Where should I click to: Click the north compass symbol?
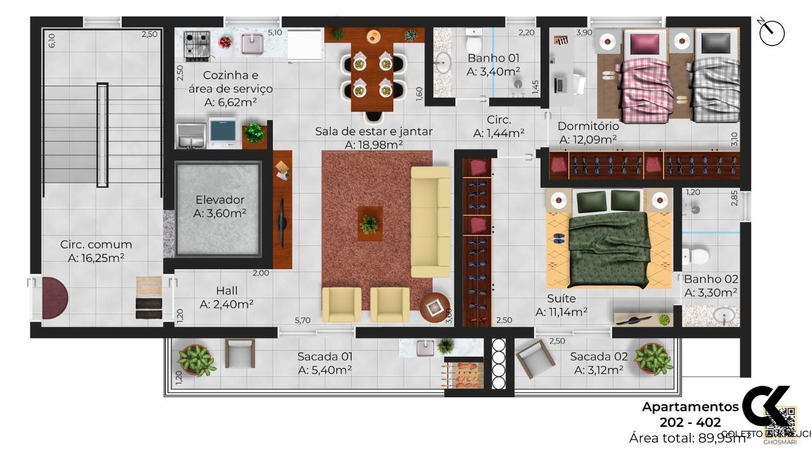click(x=771, y=32)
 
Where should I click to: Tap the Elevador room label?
click(x=219, y=200)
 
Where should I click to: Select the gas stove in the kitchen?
click(x=197, y=44)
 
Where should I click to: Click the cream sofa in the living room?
click(x=430, y=222)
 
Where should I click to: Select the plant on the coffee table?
click(x=369, y=223)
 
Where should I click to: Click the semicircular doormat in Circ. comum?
click(x=53, y=298)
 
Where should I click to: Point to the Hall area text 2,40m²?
click(x=226, y=304)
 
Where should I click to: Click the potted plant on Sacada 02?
click(x=652, y=359)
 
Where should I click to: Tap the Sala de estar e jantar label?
click(x=374, y=131)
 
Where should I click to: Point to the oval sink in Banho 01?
click(x=443, y=62)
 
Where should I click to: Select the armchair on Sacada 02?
click(x=535, y=358)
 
